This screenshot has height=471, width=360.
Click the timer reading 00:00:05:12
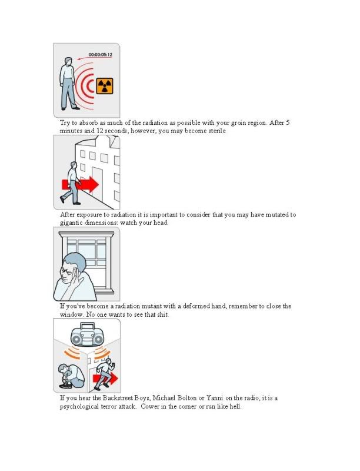click(x=100, y=55)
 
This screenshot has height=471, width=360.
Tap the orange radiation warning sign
click(x=105, y=86)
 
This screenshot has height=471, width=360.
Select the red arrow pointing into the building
click(x=81, y=184)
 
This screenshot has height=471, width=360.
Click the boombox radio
click(x=87, y=335)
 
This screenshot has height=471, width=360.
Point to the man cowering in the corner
click(x=72, y=376)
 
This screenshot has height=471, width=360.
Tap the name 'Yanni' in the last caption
click(x=215, y=398)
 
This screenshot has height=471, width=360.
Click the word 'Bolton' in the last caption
click(x=186, y=398)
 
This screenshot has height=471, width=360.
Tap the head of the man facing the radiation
click(x=68, y=62)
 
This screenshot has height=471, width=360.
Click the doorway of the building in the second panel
click(x=97, y=183)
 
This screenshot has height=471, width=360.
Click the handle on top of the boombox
click(x=87, y=326)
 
